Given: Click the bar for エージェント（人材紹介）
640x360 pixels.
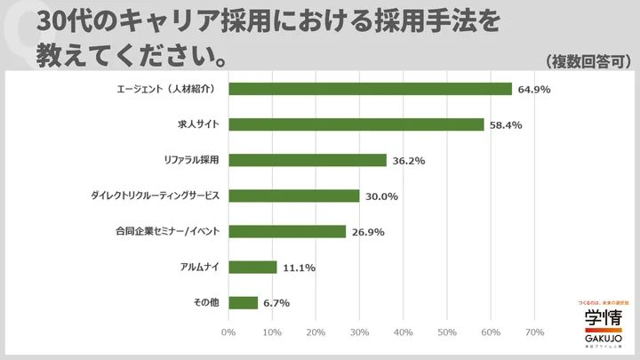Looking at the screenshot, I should click(x=370, y=89).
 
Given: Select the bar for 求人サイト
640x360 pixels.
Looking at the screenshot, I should click(x=356, y=124).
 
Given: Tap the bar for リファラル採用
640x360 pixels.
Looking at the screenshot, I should click(x=308, y=160).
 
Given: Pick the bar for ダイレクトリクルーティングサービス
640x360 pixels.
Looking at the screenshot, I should click(x=293, y=196).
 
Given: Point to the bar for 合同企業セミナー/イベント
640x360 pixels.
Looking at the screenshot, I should click(x=287, y=231).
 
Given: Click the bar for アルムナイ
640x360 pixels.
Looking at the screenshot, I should click(x=252, y=267).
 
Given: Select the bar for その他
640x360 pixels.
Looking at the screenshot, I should click(x=243, y=302).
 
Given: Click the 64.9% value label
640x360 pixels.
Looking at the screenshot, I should click(x=535, y=89).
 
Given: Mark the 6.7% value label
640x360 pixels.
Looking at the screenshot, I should click(x=276, y=302).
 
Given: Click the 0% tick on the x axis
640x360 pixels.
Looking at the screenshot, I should click(x=228, y=332).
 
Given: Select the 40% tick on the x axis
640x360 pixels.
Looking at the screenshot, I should click(x=403, y=332).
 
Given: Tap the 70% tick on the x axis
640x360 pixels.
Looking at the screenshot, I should click(x=534, y=332).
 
